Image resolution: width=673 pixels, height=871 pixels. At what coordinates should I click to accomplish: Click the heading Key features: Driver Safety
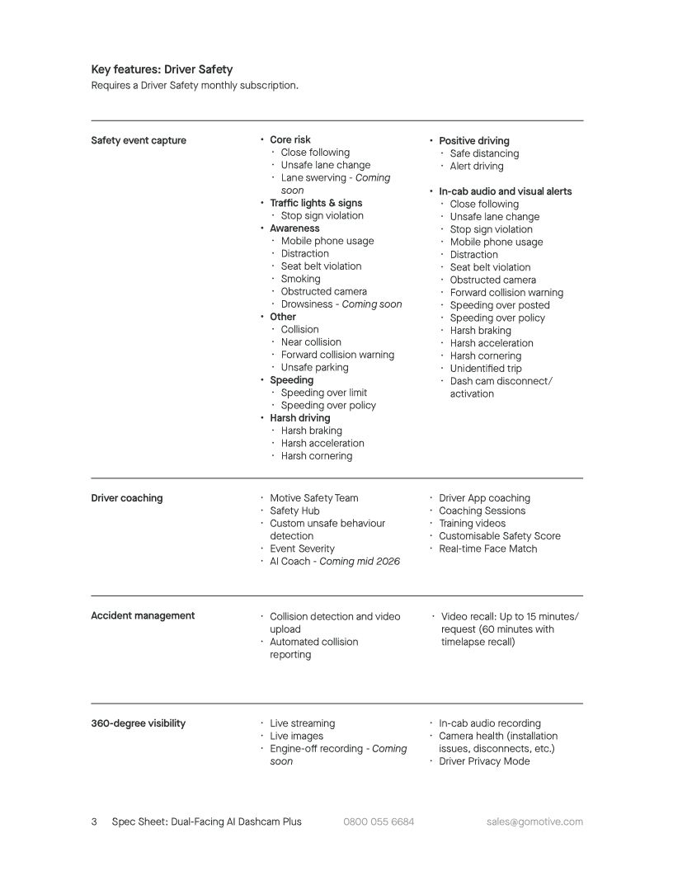(x=162, y=69)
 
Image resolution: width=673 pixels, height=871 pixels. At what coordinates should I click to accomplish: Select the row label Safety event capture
(x=139, y=140)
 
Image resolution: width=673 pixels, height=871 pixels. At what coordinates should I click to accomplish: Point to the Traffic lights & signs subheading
(x=316, y=203)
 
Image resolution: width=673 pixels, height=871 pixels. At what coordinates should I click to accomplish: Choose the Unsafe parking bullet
(x=314, y=368)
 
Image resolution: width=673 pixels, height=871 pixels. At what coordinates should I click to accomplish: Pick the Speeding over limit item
(x=323, y=393)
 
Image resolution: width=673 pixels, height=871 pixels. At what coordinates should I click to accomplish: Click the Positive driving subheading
(x=474, y=141)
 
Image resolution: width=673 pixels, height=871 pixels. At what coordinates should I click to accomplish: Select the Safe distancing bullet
(x=484, y=153)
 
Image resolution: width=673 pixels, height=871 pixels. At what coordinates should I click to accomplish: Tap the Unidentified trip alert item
(x=486, y=369)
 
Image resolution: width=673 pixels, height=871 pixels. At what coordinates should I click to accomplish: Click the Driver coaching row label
(x=127, y=498)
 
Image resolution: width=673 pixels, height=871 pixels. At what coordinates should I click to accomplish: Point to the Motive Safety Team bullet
(x=314, y=498)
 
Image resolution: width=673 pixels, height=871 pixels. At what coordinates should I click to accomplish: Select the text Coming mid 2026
(x=360, y=562)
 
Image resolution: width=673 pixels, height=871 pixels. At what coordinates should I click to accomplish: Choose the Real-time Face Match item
(x=487, y=549)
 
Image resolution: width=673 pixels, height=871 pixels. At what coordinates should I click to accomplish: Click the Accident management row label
(x=143, y=615)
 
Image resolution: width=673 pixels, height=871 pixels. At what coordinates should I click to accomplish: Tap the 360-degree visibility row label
(x=138, y=723)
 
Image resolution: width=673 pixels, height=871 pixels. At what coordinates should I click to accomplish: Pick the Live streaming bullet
(x=302, y=723)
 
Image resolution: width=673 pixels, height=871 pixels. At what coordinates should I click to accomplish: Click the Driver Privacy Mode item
(x=484, y=761)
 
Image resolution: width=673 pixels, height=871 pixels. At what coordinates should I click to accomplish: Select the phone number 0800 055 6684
(x=379, y=822)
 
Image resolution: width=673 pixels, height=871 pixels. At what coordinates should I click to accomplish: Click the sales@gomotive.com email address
(x=534, y=822)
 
